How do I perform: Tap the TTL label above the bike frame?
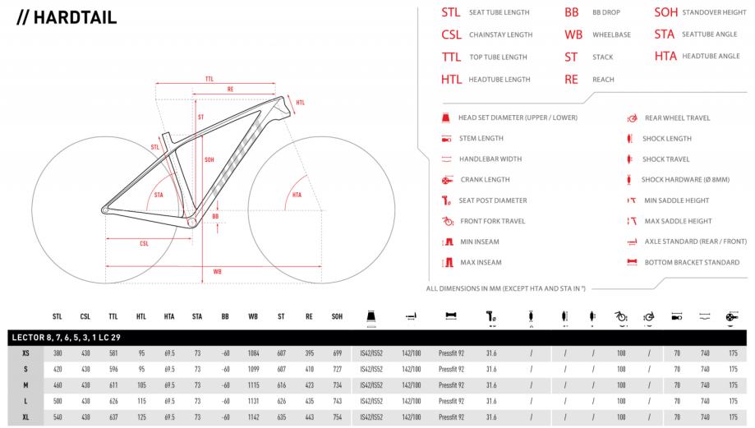209,79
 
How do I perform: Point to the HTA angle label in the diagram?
297,195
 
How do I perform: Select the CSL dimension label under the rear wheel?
144,244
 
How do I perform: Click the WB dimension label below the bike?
217,272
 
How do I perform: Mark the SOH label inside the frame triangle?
209,160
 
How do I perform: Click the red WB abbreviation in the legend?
573,35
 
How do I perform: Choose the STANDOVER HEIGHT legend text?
714,12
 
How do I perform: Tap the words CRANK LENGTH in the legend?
485,180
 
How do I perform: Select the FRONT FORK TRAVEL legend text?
493,221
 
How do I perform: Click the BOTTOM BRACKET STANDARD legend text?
692,262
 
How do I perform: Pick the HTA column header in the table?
169,316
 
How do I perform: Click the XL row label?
25,417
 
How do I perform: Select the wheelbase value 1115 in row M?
253,385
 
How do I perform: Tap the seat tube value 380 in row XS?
58,353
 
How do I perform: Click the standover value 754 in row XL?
337,417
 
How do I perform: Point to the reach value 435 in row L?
309,401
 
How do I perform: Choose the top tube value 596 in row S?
113,370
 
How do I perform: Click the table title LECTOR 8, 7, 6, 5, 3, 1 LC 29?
66,338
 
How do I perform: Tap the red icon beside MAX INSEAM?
449,262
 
